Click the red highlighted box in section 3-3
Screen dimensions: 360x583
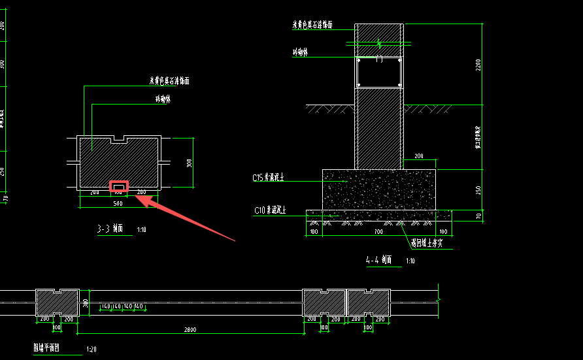pyautogui.click(x=119, y=188)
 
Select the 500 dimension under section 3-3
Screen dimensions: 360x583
pyautogui.click(x=118, y=203)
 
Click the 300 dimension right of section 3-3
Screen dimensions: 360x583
pyautogui.click(x=189, y=163)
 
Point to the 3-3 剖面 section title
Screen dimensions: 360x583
pyautogui.click(x=110, y=229)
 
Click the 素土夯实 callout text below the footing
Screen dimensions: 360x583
pyautogui.click(x=427, y=243)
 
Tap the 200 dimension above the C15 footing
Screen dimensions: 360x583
pyautogui.click(x=418, y=157)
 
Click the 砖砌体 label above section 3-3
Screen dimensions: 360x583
pyautogui.click(x=162, y=99)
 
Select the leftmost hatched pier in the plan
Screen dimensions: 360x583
pyautogui.click(x=57, y=303)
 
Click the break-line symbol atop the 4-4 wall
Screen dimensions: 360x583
pyautogui.click(x=380, y=43)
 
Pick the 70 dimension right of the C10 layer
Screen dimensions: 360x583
pyautogui.click(x=478, y=216)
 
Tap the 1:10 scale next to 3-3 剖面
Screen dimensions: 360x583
pyautogui.click(x=142, y=230)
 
